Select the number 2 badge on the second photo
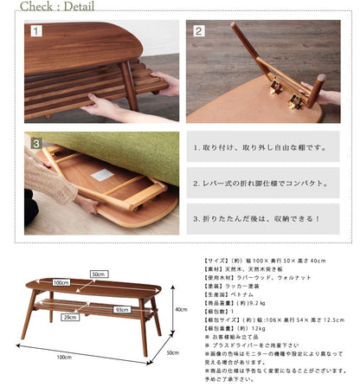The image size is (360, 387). point(197,31)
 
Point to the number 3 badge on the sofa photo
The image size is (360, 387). point(36,142)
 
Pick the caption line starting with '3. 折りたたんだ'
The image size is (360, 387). point(257,218)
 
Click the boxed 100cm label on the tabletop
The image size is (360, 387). point(61,282)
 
